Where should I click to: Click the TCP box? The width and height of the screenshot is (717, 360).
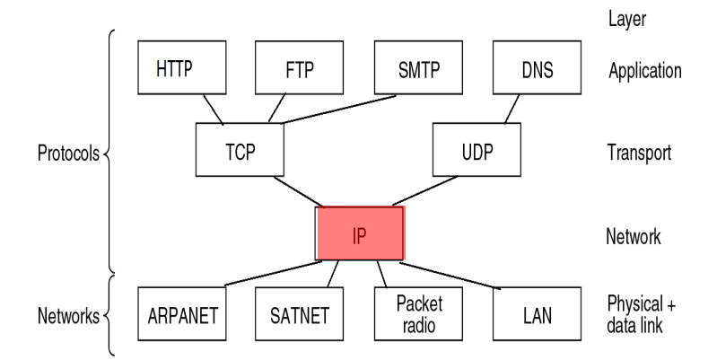[239, 151]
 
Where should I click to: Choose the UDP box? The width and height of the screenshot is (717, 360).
[476, 151]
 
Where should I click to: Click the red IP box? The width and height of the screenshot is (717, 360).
[360, 233]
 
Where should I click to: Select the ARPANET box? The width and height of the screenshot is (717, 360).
[183, 315]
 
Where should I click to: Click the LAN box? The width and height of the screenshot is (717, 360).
[536, 315]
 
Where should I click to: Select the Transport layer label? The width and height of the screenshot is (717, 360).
[640, 152]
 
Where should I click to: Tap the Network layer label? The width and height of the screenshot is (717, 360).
[634, 237]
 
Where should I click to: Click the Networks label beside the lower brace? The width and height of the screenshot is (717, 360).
[68, 316]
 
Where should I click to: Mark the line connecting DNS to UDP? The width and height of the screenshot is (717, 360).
[512, 110]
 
